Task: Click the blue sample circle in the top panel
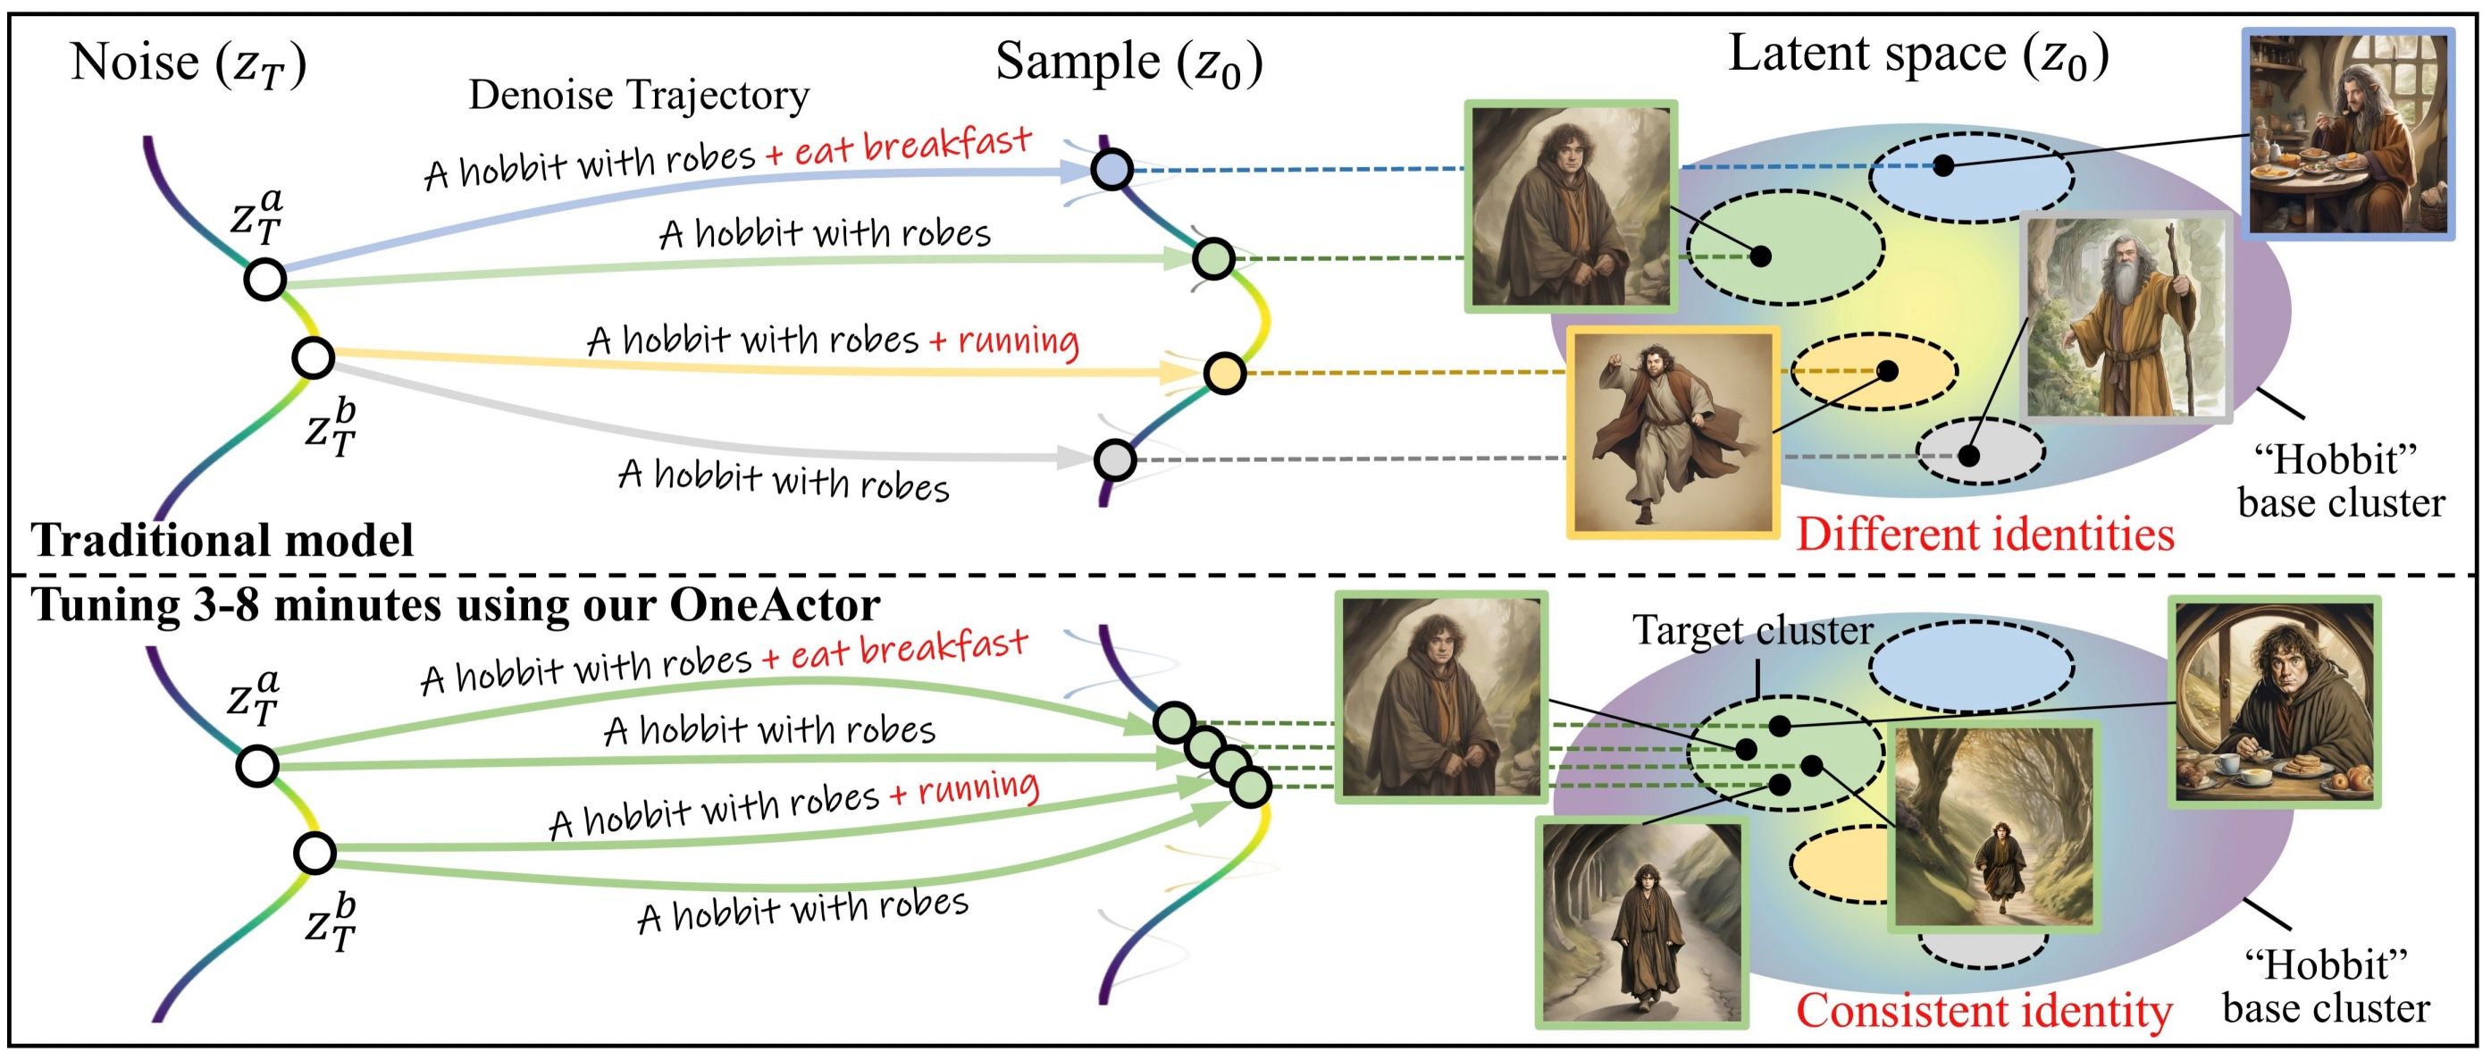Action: (1112, 170)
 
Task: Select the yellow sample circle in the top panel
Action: (1224, 374)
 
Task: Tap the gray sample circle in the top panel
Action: (1115, 459)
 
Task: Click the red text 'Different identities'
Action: (1984, 534)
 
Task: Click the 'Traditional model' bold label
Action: (223, 540)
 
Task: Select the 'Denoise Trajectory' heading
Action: (638, 96)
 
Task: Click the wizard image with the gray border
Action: (2126, 317)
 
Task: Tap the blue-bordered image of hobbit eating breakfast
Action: (2348, 133)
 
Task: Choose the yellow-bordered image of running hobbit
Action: (1672, 433)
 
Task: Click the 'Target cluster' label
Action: (1752, 631)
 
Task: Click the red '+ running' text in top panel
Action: (1003, 341)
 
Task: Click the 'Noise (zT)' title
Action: (189, 63)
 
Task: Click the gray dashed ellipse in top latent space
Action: (1981, 451)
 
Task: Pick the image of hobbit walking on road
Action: (1641, 921)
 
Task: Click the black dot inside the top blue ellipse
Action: (1942, 166)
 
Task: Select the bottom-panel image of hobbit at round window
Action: (2273, 702)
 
